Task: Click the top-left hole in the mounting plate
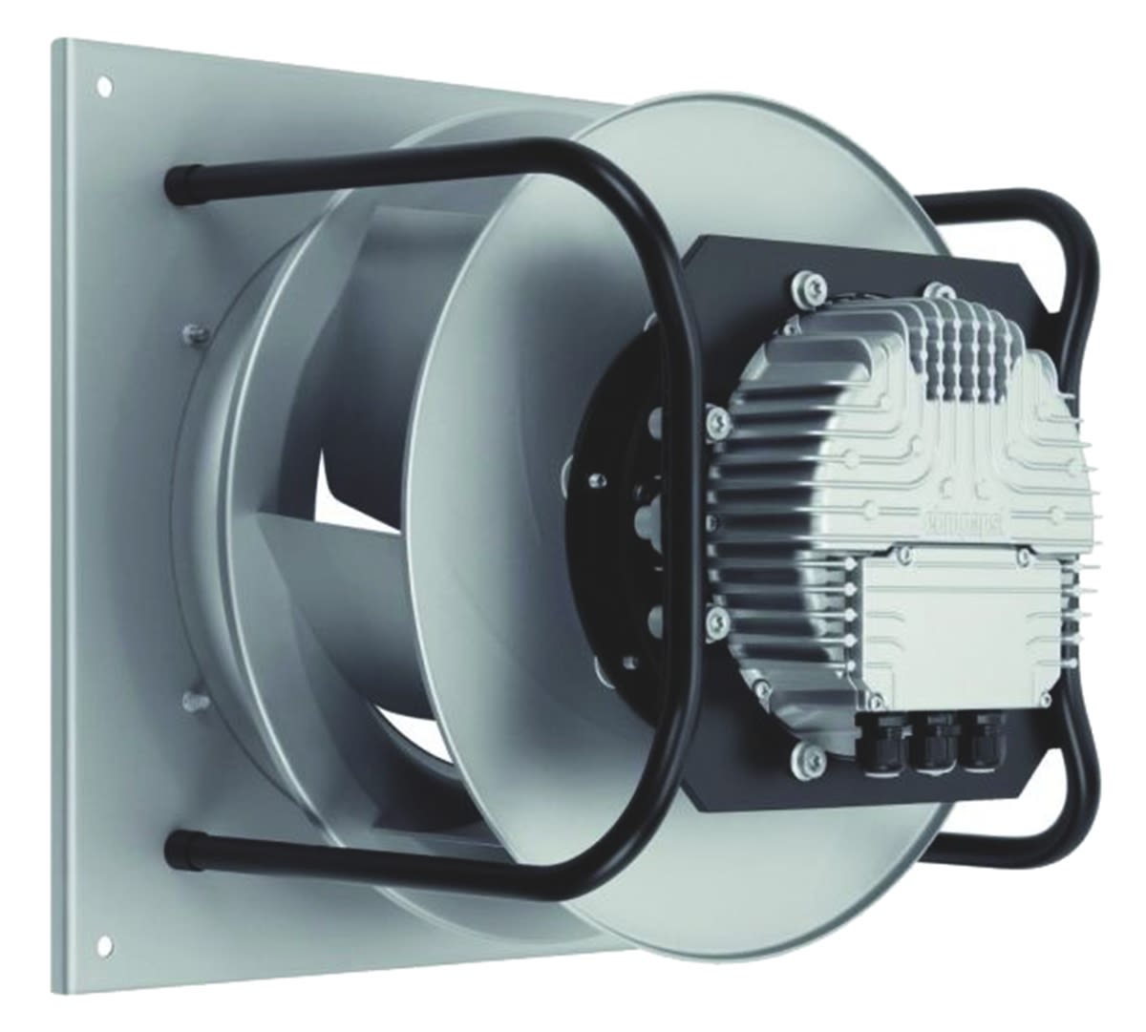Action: [104, 86]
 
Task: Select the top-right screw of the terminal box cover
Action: [1020, 552]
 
